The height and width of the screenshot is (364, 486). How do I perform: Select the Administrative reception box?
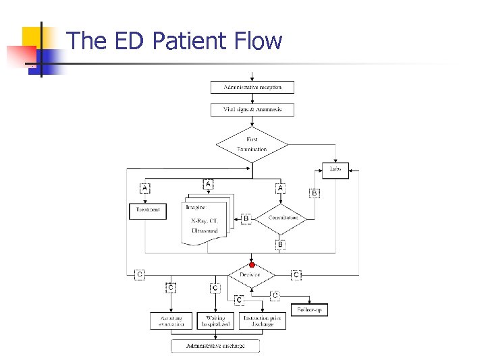tap(252, 87)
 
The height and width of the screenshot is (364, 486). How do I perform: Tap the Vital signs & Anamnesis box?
tap(252, 109)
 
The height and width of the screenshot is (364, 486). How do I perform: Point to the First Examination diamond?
tap(252, 144)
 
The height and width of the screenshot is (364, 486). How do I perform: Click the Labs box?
tap(335, 169)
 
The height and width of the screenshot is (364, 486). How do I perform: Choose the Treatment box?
tap(147, 210)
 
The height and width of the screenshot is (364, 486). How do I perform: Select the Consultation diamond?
tap(283, 218)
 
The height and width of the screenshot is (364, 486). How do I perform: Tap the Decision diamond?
tap(251, 275)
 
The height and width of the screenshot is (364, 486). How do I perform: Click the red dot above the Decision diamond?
tap(252, 265)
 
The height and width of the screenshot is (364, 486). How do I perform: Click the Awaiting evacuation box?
tap(171, 320)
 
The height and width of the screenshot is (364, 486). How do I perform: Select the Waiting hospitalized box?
tap(216, 320)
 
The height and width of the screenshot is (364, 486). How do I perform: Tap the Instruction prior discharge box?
tap(263, 320)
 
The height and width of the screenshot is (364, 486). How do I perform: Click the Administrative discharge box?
tap(215, 346)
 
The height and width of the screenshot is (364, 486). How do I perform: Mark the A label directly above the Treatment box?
tap(144, 188)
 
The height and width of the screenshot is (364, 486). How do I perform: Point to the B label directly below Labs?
tap(314, 193)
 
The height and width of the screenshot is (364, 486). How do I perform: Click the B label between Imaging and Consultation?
tap(246, 218)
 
